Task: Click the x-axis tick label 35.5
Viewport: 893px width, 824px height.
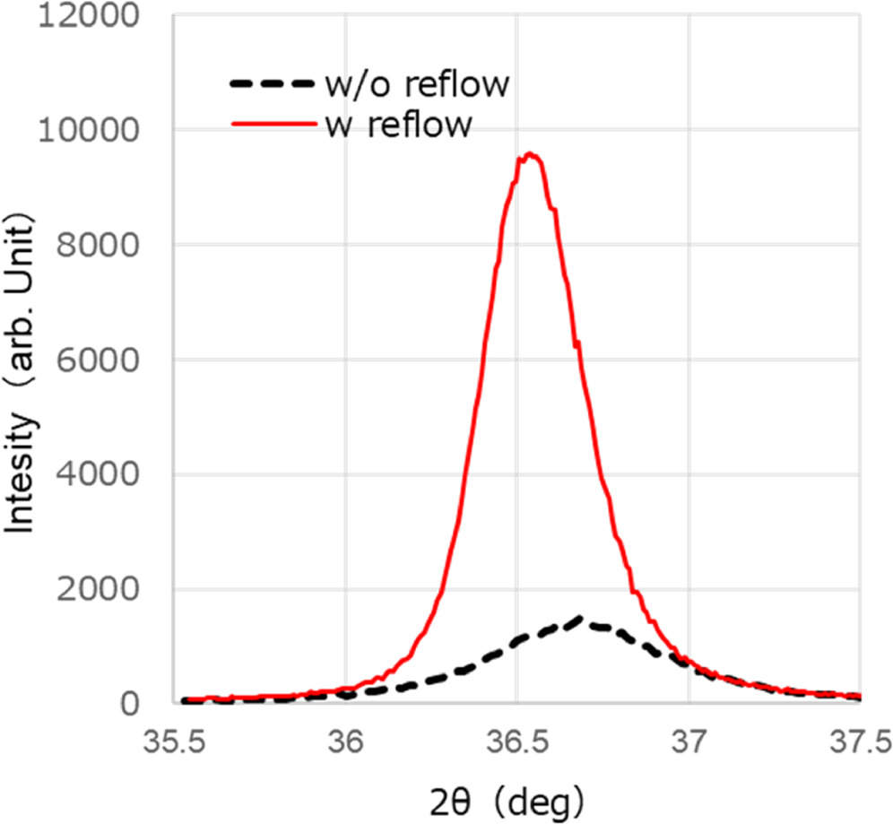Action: click(174, 743)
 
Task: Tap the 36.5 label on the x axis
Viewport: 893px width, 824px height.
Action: click(516, 743)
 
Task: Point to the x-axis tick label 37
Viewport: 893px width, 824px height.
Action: click(689, 743)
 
